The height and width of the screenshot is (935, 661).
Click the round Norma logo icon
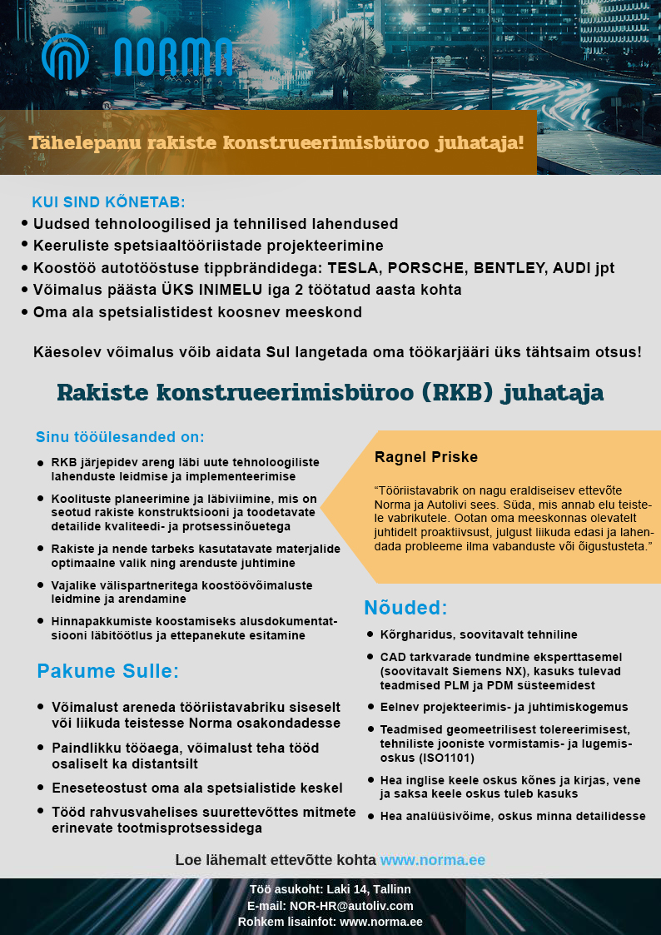(x=65, y=57)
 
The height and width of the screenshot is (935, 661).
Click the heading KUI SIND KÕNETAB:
(x=108, y=202)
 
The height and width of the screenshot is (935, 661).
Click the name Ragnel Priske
(x=426, y=457)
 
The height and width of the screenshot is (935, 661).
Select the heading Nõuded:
(x=405, y=607)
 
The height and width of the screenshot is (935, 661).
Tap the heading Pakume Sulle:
(x=108, y=671)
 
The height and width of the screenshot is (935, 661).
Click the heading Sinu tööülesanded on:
(x=120, y=437)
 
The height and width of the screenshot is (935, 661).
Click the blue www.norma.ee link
(x=433, y=860)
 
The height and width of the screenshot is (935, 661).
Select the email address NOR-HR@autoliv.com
(x=350, y=906)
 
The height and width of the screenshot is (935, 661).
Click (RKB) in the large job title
(x=460, y=392)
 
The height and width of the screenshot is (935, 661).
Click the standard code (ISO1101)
(x=445, y=758)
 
